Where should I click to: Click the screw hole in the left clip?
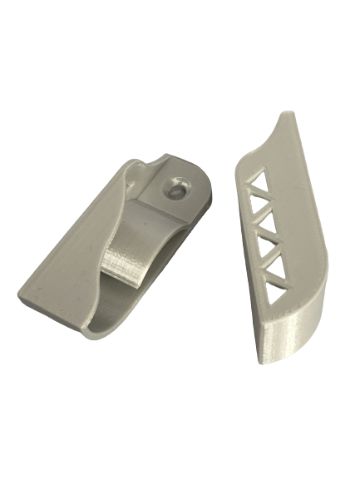tap(177, 188)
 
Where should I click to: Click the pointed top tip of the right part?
tap(288, 111)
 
